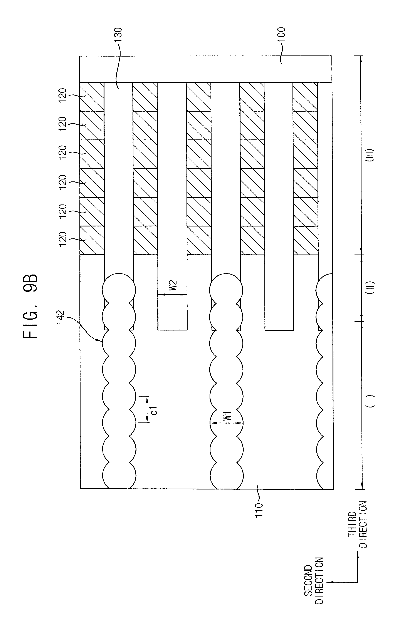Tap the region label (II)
click(371, 288)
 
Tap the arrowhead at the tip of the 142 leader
click(101, 341)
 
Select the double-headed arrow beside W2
click(172, 295)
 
